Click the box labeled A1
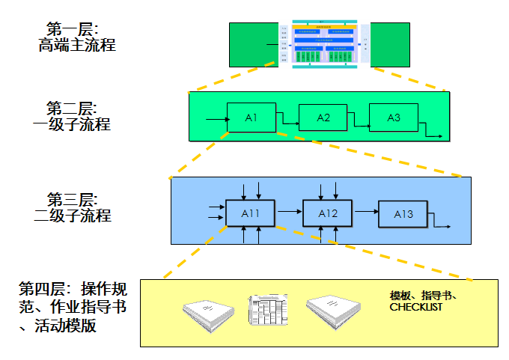(251, 118)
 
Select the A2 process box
(323, 118)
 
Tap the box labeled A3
(394, 118)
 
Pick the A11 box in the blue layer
(250, 214)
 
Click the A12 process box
(328, 214)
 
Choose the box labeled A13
(403, 214)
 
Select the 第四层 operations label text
(72, 307)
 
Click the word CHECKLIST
(416, 308)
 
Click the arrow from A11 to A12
(289, 213)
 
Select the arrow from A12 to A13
(366, 213)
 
